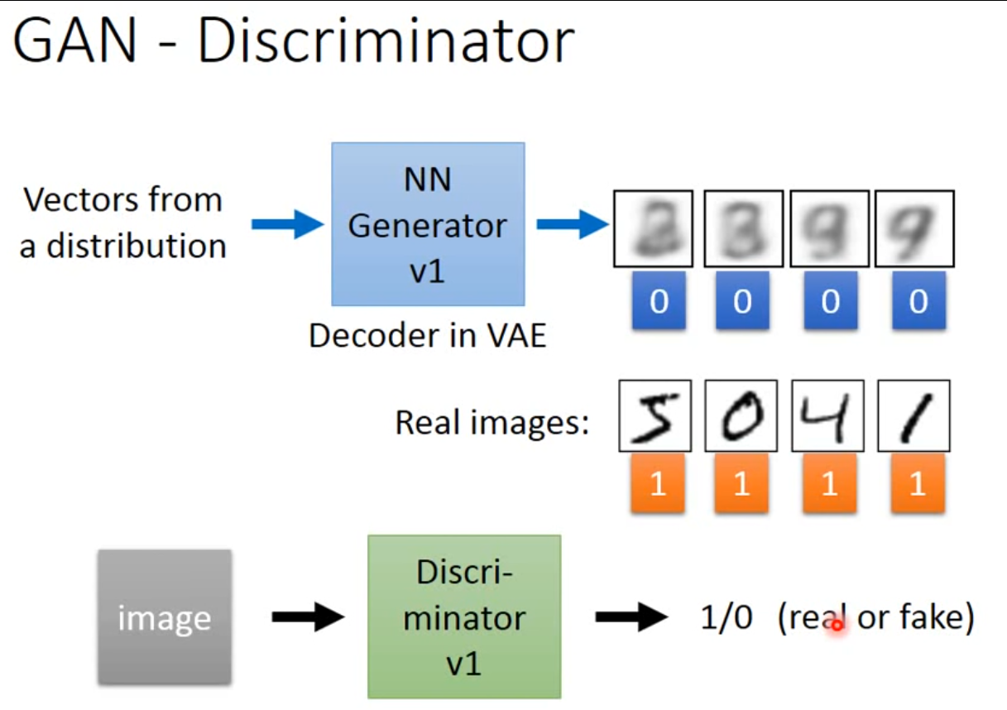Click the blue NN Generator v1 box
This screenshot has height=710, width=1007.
[428, 224]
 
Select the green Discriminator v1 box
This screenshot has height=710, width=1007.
[464, 616]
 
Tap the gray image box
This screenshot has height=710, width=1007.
[164, 617]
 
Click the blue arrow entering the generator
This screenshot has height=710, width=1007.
[286, 224]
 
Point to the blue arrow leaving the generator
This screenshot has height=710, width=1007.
[572, 224]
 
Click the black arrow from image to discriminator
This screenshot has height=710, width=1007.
[307, 616]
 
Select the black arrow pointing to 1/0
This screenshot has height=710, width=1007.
[631, 616]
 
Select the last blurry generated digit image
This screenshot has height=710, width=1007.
[914, 228]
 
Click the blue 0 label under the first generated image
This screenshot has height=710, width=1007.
[659, 302]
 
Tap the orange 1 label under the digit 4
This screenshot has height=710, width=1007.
[829, 483]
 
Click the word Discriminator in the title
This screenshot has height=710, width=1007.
[385, 41]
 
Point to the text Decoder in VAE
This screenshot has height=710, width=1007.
[428, 336]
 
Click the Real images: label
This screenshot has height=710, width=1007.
[492, 423]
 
